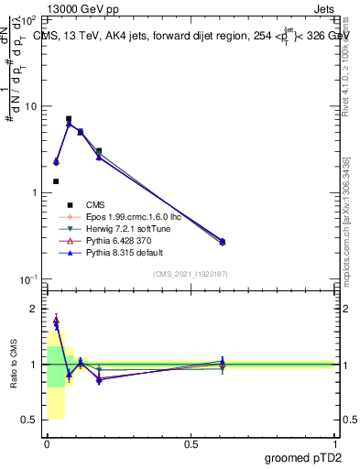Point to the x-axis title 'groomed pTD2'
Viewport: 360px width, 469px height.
coord(304,455)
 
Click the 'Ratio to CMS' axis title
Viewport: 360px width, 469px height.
coord(14,364)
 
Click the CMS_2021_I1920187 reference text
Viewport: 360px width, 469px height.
coord(191,273)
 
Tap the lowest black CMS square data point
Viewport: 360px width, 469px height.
coord(56,181)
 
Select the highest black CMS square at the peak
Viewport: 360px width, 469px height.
coord(69,118)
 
